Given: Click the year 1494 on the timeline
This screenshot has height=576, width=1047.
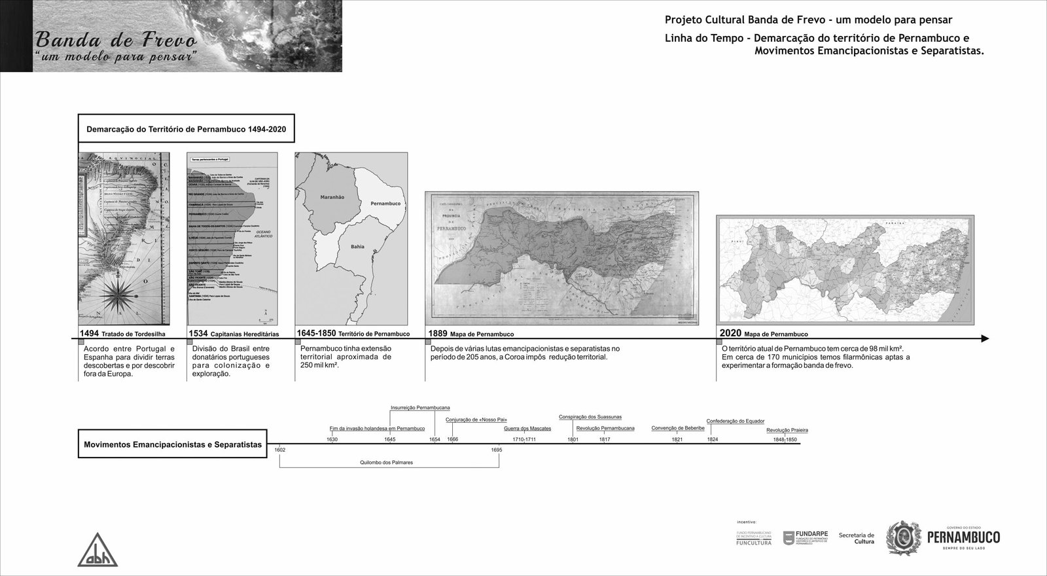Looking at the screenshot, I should tap(89, 333).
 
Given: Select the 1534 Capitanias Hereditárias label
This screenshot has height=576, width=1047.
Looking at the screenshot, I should tap(234, 334).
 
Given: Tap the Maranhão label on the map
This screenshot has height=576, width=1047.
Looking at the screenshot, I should tap(332, 196).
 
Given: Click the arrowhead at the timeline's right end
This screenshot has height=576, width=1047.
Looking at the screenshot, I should tap(985, 338).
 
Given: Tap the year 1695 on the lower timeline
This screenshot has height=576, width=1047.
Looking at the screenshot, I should tap(497, 450).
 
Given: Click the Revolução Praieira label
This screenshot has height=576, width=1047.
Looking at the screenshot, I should tap(787, 430).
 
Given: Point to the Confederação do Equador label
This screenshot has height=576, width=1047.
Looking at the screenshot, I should tap(736, 421).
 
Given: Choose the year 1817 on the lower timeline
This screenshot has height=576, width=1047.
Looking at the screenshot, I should tap(605, 439).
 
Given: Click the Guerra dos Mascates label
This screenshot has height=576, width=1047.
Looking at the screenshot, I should tap(527, 429).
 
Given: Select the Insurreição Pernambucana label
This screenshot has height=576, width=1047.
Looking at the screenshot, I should tap(420, 408).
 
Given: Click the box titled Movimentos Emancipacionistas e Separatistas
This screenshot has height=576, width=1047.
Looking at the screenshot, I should tap(173, 444).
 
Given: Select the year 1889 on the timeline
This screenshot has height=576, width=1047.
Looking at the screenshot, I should tap(438, 333).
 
